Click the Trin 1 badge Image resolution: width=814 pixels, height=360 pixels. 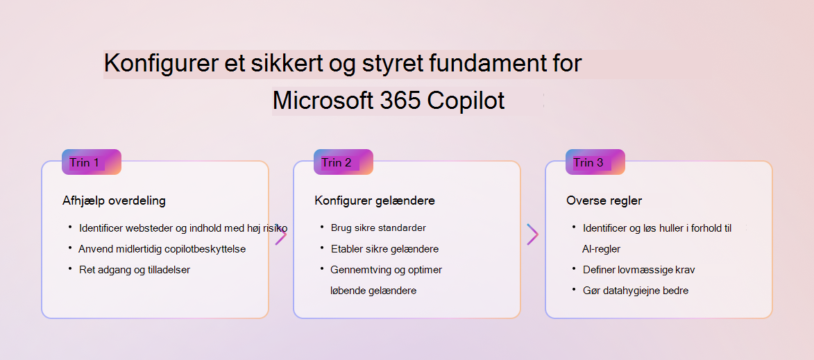[x=92, y=162]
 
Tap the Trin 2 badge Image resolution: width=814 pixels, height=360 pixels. [x=343, y=162]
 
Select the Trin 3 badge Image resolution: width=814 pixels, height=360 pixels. [x=595, y=162]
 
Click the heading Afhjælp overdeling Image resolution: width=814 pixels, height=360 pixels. [x=114, y=200]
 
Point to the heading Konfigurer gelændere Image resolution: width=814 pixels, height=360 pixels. [x=375, y=200]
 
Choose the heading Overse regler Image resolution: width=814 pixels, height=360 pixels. [x=605, y=200]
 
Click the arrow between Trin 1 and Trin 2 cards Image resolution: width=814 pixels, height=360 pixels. [x=281, y=236]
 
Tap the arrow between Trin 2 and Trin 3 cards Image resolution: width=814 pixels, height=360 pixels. [x=533, y=234]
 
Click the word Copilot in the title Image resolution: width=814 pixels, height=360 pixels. [x=466, y=101]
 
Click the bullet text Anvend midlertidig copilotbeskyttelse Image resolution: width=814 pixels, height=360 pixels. [x=162, y=249]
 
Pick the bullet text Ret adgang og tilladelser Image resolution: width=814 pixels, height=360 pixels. [x=135, y=270]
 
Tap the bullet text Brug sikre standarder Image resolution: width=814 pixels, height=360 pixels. [x=378, y=228]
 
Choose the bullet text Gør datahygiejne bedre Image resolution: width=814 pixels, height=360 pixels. [x=636, y=291]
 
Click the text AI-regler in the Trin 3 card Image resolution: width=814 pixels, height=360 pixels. [x=602, y=249]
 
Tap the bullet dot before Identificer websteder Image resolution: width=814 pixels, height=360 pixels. [x=69, y=227]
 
